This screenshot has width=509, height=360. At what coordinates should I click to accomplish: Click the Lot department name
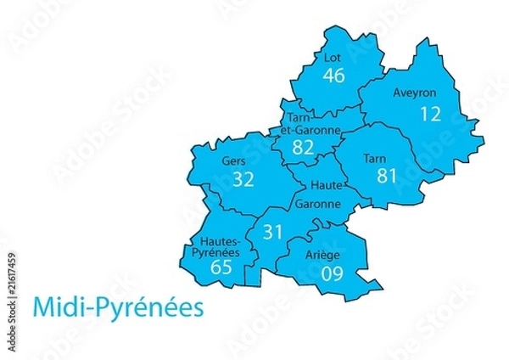pyautogui.click(x=333, y=58)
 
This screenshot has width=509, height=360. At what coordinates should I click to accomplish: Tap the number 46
pyautogui.click(x=333, y=76)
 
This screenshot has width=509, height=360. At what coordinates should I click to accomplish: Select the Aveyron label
pyautogui.click(x=414, y=93)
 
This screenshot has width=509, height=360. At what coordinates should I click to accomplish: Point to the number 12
pyautogui.click(x=431, y=113)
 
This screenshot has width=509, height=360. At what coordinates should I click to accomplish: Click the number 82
pyautogui.click(x=303, y=148)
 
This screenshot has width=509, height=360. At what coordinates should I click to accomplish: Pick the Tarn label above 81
pyautogui.click(x=374, y=158)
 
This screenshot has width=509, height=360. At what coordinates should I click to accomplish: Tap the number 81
pyautogui.click(x=388, y=176)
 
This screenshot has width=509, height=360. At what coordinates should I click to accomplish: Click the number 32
pyautogui.click(x=243, y=178)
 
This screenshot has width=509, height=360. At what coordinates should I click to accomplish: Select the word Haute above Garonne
pyautogui.click(x=327, y=185)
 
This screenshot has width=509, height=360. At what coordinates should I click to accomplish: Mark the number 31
pyautogui.click(x=272, y=231)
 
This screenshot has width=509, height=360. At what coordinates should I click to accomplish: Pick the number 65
pyautogui.click(x=221, y=267)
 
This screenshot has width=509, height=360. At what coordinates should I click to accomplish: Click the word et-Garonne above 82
pyautogui.click(x=305, y=131)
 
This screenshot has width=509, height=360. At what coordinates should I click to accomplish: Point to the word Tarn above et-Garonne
pyautogui.click(x=295, y=118)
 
